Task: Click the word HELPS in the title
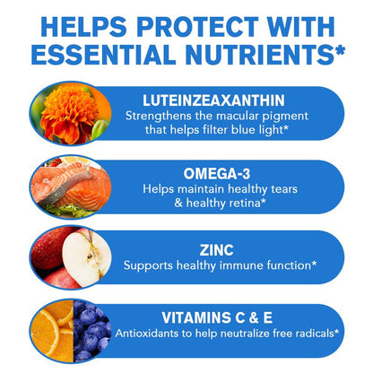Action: (83, 27)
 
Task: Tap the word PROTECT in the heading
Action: (197, 27)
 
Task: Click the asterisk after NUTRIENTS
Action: (340, 49)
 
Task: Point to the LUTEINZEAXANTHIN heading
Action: (213, 100)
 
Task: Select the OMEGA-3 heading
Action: (217, 174)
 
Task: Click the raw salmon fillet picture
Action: (71, 186)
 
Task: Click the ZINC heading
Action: (216, 250)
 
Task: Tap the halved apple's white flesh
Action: (86, 258)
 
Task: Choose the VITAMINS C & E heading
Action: (217, 317)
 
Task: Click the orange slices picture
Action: (52, 331)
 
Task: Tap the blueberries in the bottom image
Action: (92, 331)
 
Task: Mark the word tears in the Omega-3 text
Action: (284, 189)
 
